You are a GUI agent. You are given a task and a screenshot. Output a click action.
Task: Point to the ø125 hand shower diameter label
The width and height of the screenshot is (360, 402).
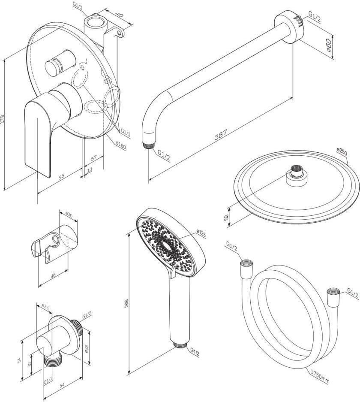(201, 234)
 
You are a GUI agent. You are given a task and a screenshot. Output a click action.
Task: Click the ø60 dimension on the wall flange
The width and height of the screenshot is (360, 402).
(329, 45)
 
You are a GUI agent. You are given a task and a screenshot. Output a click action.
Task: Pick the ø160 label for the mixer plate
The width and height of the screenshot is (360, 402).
(120, 146)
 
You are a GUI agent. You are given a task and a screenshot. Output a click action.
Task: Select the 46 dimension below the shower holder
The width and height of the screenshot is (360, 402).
(53, 275)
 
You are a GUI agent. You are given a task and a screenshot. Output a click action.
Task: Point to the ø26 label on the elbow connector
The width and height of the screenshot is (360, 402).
(45, 306)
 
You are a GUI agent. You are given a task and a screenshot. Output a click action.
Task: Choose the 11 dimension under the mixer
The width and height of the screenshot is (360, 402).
(90, 170)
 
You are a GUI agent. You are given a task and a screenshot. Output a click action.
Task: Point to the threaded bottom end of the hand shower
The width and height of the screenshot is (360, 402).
(180, 345)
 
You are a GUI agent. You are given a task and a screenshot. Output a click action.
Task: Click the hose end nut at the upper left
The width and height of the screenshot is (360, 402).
(247, 263)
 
